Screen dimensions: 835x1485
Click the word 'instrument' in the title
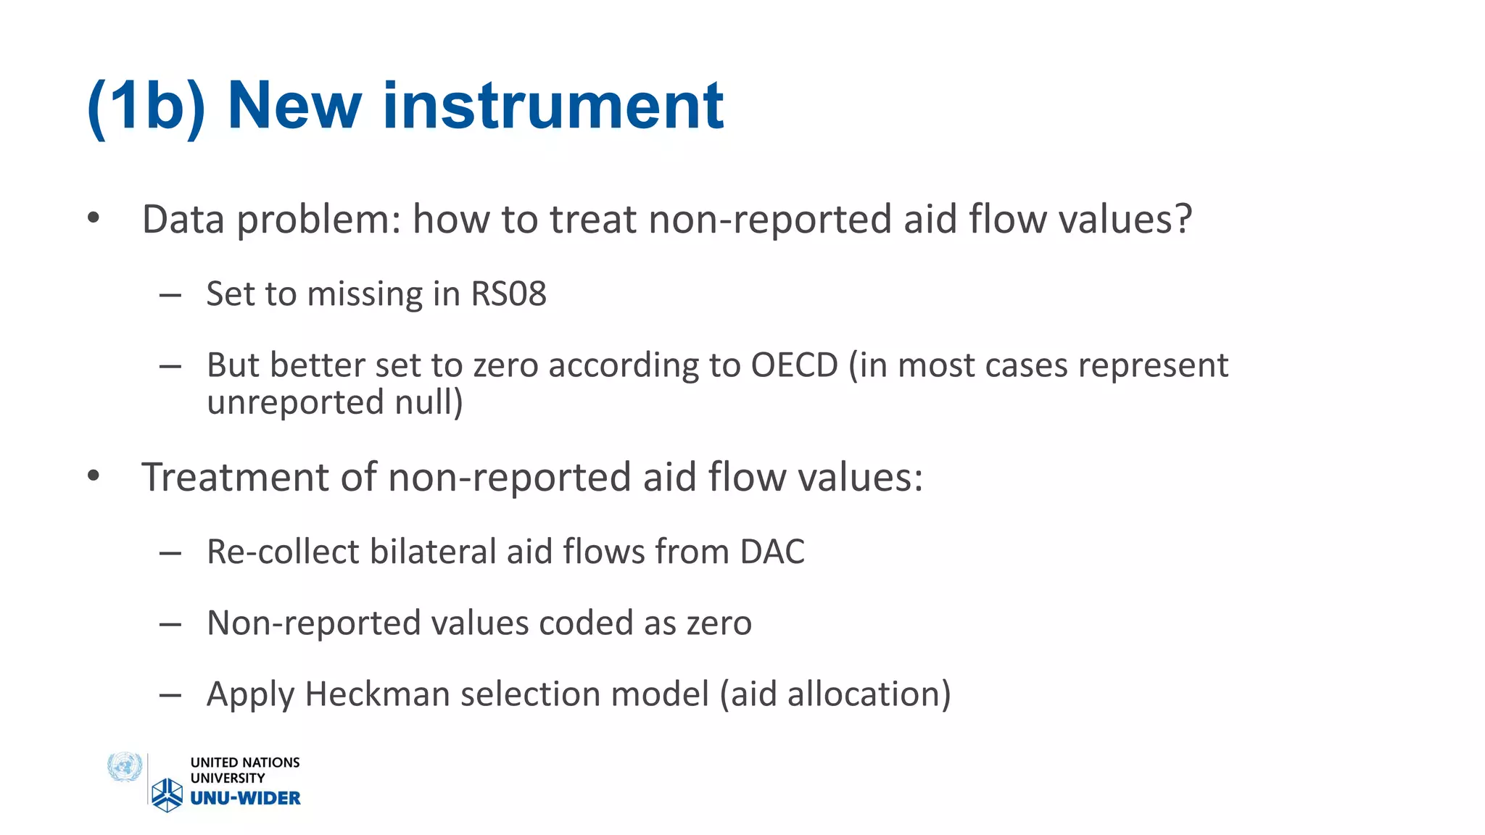click(553, 107)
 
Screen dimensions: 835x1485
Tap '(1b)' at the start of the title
click(146, 107)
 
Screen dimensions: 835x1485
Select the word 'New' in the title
click(294, 107)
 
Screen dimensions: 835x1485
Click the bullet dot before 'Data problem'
click(93, 218)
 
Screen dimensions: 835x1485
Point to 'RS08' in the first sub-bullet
click(508, 294)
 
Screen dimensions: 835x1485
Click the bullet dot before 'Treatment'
click(93, 476)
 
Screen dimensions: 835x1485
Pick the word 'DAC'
click(772, 552)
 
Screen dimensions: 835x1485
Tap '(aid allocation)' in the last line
click(835, 694)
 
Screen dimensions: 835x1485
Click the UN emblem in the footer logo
click(125, 767)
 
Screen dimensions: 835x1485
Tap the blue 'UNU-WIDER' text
click(245, 798)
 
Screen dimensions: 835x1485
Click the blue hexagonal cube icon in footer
click(167, 794)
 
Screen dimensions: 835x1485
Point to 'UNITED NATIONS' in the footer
click(245, 763)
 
